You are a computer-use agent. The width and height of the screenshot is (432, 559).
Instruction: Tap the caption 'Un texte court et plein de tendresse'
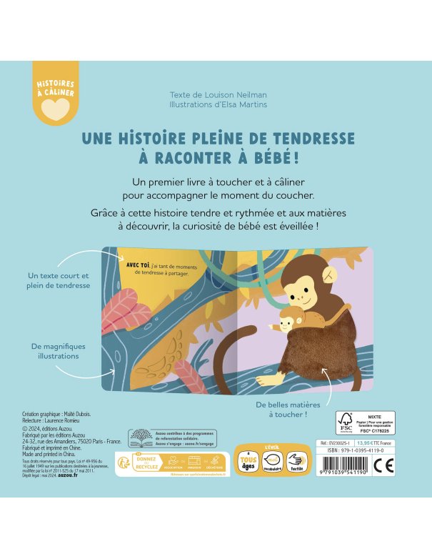click(x=59, y=281)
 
